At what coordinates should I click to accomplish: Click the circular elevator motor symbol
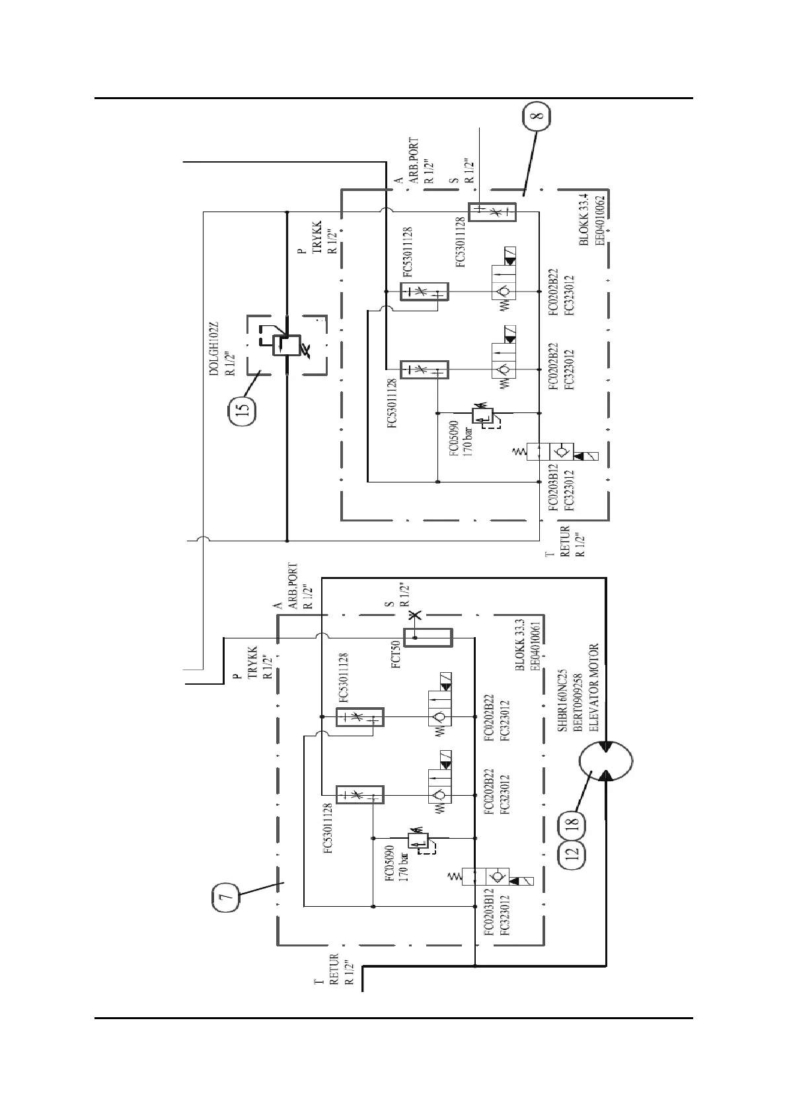pos(606,760)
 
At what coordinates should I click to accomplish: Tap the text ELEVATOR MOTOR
pos(593,687)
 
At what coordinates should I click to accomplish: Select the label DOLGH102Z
pos(213,349)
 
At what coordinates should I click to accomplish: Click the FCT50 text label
pos(394,656)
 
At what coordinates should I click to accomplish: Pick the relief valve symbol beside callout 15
pos(286,346)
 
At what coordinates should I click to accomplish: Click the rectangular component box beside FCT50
pos(428,638)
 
